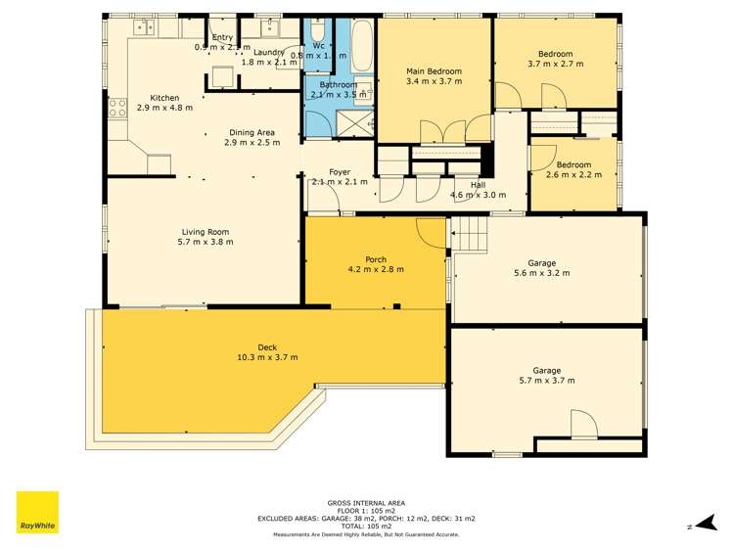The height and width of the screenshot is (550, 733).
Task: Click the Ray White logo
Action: [x=37, y=513]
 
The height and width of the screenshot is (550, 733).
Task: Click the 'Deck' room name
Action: [x=267, y=346]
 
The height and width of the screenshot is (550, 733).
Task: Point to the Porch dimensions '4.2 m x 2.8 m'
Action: [x=377, y=269]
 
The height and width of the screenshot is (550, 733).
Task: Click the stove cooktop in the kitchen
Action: [x=118, y=107]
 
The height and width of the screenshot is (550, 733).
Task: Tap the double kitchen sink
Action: [x=145, y=26]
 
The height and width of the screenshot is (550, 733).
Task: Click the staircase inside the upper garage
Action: [x=469, y=235]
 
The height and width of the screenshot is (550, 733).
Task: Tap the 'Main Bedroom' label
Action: [x=434, y=71]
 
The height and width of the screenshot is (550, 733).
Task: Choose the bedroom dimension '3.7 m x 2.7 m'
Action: [x=555, y=64]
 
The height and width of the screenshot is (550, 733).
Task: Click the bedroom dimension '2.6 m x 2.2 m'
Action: [x=573, y=175]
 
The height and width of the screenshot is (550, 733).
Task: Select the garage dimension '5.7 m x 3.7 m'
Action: [x=546, y=381]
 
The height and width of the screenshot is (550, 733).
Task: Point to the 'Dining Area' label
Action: [x=252, y=132]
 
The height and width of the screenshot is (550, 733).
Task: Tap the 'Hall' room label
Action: [x=478, y=184]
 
